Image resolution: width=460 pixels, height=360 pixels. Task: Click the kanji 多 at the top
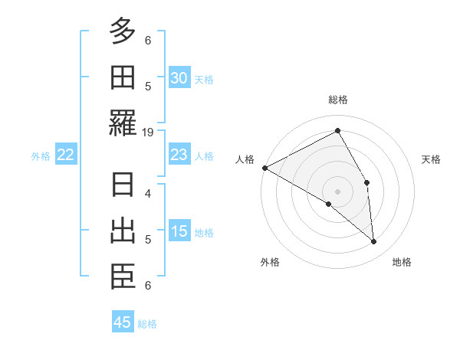[x=123, y=31]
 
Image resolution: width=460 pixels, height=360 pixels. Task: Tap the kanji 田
[x=123, y=77]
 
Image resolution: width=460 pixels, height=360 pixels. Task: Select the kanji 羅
[x=123, y=123]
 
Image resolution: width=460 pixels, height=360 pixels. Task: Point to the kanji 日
[x=123, y=186]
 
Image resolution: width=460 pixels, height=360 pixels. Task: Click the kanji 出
[x=123, y=231]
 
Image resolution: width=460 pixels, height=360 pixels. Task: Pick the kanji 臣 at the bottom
[x=123, y=277]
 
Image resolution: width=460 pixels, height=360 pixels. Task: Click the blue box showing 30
[x=179, y=77]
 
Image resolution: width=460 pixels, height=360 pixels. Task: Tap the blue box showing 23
[x=179, y=155]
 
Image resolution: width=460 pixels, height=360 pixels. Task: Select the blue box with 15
[x=179, y=231]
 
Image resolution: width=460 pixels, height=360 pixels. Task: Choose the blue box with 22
[x=65, y=155]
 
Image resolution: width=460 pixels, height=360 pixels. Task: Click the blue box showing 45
[x=123, y=322]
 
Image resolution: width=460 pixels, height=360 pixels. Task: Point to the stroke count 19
[x=148, y=132]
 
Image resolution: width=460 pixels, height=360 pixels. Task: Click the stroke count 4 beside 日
[x=148, y=193]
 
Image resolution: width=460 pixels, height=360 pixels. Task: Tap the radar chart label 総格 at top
[x=338, y=100]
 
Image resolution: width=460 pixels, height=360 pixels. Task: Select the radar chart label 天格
[x=432, y=159]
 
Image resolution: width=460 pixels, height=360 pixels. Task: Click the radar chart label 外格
[x=270, y=262]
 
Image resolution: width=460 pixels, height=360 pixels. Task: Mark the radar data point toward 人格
[x=264, y=168]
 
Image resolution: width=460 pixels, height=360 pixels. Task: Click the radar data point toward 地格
[x=374, y=242]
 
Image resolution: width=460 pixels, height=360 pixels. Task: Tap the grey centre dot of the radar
[x=338, y=191]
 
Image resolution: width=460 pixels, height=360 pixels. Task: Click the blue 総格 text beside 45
[x=147, y=324]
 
